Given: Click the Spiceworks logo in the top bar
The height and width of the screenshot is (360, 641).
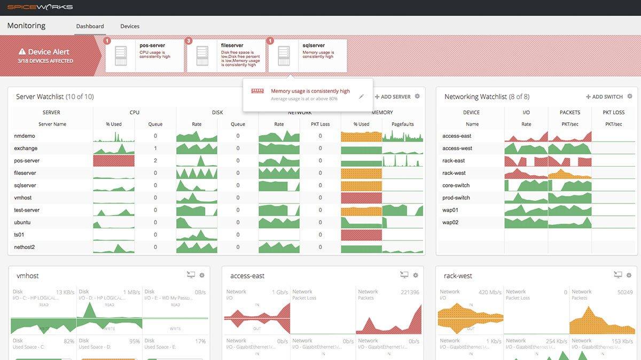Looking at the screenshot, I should click(x=40, y=7).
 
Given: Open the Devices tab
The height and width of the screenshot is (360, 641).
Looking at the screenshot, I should click(x=130, y=26).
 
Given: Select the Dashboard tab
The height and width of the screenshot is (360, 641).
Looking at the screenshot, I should click(x=90, y=26).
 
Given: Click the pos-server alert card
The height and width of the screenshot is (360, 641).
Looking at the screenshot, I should click(x=145, y=55).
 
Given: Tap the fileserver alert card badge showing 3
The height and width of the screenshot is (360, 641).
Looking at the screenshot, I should click(x=189, y=41).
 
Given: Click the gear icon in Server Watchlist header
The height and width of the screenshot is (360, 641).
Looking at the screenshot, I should click(x=417, y=96).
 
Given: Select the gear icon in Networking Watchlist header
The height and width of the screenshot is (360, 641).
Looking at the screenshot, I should click(x=630, y=96).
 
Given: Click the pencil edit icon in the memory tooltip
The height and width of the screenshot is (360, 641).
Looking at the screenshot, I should click(x=362, y=97).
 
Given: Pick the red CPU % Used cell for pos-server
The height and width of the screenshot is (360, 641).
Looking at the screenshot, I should click(x=113, y=160).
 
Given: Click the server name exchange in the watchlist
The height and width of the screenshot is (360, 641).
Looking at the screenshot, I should click(x=26, y=148).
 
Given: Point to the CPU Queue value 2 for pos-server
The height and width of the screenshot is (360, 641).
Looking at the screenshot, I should click(x=155, y=160).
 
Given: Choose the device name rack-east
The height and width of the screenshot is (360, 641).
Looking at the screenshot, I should click(x=454, y=160).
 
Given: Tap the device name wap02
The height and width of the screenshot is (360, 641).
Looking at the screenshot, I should click(x=450, y=222).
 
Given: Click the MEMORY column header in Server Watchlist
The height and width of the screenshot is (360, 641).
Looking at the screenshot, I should click(x=382, y=112).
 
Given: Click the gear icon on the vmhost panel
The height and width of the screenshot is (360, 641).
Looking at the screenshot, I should click(x=202, y=275).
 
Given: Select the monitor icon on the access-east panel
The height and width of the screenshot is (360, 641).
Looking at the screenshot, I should click(x=404, y=275).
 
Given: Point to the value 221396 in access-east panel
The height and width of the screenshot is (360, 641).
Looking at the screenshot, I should click(x=410, y=292).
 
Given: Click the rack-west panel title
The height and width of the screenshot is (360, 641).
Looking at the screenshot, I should click(x=458, y=276).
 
